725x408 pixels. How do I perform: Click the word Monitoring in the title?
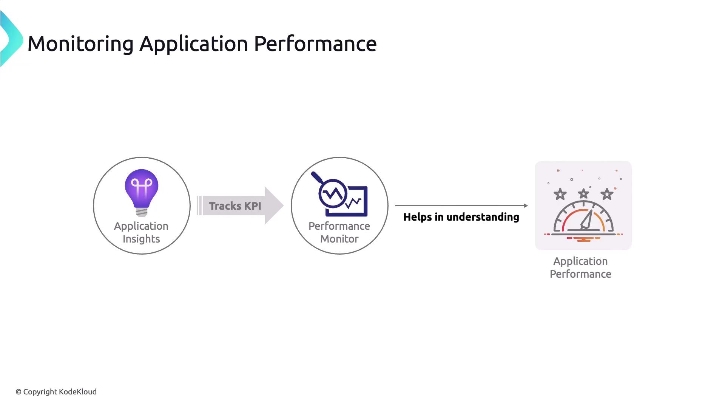coord(80,44)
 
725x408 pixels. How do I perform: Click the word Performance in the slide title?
coord(315,44)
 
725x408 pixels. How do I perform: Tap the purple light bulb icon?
coord(142,191)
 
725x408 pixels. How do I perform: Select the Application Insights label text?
coord(141,232)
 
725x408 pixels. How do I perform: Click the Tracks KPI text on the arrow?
coord(235,206)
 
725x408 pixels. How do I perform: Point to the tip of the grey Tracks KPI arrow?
coord(282,206)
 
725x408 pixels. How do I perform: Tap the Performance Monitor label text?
coord(339,232)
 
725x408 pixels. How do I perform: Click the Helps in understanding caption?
coord(461,217)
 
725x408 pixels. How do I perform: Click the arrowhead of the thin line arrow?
coord(526,206)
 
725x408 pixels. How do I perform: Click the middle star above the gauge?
coord(583,194)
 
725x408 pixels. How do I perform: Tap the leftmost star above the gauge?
coord(560,194)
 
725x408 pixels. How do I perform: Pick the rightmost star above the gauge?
coord(607,194)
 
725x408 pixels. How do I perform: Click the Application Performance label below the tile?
coord(580,267)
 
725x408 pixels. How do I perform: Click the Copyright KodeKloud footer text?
coord(56,392)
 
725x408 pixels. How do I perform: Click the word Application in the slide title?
coord(194,44)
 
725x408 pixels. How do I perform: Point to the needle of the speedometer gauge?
coord(587,220)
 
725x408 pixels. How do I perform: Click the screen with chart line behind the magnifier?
coord(357,202)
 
